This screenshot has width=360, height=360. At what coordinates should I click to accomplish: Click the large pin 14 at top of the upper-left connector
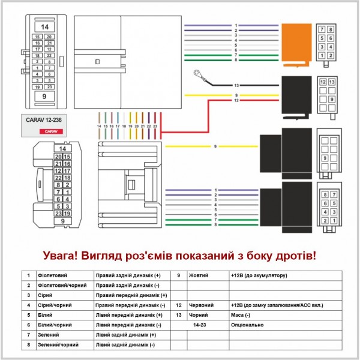pyautogui.click(x=44, y=27)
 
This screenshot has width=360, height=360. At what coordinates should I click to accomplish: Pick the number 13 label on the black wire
pyautogui.click(x=236, y=86)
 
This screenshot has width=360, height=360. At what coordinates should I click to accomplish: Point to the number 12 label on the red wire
pyautogui.click(x=236, y=100)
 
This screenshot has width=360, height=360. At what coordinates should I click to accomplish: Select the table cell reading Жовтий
pyautogui.click(x=199, y=275)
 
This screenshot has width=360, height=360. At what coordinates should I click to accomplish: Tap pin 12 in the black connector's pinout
pyautogui.click(x=323, y=82)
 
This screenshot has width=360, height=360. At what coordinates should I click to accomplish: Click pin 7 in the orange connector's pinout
pyautogui.click(x=323, y=29)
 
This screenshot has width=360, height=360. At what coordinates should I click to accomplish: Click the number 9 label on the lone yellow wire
pyautogui.click(x=215, y=146)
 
